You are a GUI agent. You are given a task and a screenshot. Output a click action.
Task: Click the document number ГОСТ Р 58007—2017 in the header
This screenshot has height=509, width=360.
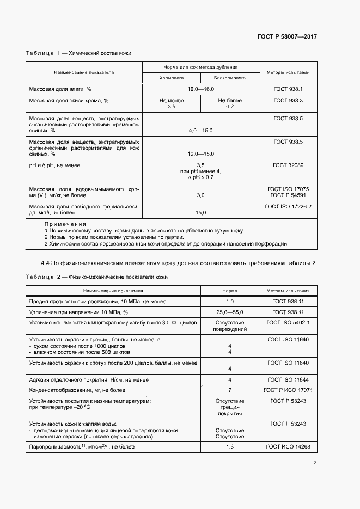click(286, 36)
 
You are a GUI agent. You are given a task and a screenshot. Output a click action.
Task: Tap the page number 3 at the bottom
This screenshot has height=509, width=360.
click(315, 463)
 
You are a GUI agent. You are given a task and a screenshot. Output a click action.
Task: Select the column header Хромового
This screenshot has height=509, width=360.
click(171, 78)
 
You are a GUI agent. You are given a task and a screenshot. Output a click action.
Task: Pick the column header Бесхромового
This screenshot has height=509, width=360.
click(229, 78)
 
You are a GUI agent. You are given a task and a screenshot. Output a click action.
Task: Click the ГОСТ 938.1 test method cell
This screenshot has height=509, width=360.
click(288, 88)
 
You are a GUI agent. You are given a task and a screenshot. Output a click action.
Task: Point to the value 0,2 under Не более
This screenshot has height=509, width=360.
click(229, 107)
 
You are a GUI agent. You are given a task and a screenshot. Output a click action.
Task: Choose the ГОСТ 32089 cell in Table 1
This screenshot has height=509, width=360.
click(288, 164)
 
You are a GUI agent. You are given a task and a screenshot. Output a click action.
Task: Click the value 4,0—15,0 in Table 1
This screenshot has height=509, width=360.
click(200, 131)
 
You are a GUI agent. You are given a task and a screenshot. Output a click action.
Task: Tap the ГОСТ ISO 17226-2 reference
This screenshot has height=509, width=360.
click(288, 207)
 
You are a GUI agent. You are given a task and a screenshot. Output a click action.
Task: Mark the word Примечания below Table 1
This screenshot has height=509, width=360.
click(65, 224)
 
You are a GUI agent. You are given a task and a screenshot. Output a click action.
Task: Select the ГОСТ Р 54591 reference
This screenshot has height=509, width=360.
click(288, 194)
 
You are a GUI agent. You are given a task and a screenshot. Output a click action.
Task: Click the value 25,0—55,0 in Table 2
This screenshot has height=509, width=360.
click(229, 312)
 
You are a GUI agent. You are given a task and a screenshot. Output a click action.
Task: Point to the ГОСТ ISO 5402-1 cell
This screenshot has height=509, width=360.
click(288, 323)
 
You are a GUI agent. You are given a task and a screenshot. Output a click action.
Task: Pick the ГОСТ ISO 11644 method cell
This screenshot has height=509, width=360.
click(288, 379)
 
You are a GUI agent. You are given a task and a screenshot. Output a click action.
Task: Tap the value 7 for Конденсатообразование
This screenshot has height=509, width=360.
click(229, 390)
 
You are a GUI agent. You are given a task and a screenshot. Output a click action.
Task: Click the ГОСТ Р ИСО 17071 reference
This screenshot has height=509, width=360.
click(288, 390)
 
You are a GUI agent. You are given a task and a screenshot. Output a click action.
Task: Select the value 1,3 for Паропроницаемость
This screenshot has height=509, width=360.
click(229, 446)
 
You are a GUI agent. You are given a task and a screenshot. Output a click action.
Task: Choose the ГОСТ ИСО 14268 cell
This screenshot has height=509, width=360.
click(288, 446)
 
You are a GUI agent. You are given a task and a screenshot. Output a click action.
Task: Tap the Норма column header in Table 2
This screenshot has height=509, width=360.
click(229, 291)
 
